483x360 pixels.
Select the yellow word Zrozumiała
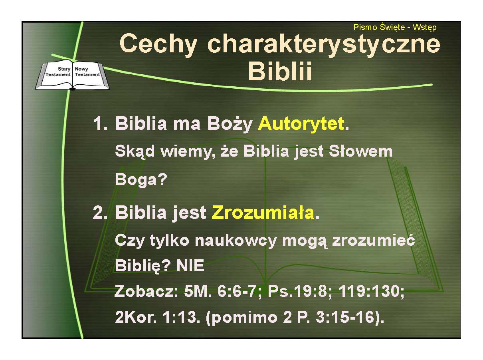coord(263,213)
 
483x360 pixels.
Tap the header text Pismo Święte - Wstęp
coord(395,28)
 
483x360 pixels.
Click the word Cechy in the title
coord(158,45)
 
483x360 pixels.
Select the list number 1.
coord(100,124)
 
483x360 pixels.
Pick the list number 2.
coord(100,213)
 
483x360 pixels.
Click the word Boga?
coord(141,179)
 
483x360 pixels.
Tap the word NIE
coord(190,266)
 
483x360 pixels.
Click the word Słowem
coord(360,151)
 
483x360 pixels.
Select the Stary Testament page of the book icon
coord(57,75)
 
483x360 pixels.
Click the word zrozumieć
coord(374,240)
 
